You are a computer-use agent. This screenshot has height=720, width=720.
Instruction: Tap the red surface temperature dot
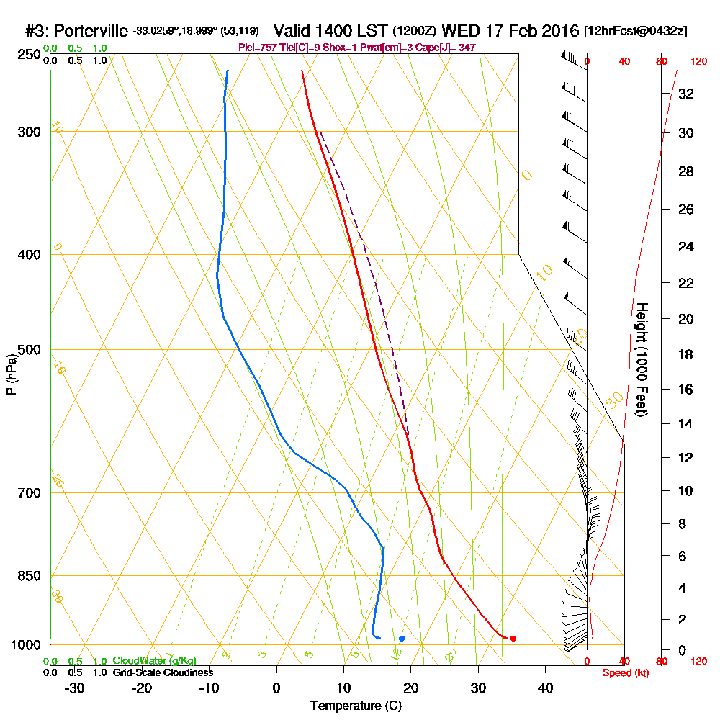coord(513,639)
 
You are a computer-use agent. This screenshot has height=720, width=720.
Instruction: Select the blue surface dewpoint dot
coord(402,639)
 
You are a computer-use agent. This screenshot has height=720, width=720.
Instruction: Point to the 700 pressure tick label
coord(27,493)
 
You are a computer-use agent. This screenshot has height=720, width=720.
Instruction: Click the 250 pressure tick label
coord(27,55)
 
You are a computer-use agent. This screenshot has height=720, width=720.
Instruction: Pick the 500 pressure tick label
coord(27,350)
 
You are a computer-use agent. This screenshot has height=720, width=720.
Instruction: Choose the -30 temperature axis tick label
coord(75,688)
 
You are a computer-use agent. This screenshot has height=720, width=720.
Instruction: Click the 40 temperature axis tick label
coord(546,688)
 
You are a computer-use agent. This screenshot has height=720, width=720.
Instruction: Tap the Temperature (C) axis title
coord(356,706)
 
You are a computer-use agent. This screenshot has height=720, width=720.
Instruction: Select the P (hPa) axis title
coord(11,373)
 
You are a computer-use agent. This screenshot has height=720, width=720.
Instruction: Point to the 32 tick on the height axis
coord(686,93)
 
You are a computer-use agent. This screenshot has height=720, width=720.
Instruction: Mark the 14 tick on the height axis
coord(686,423)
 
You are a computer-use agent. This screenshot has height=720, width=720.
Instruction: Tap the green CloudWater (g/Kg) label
coord(154,661)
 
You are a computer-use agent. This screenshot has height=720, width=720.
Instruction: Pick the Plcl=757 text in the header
coord(256,48)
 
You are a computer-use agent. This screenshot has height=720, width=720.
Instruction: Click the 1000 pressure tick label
coord(24,645)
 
